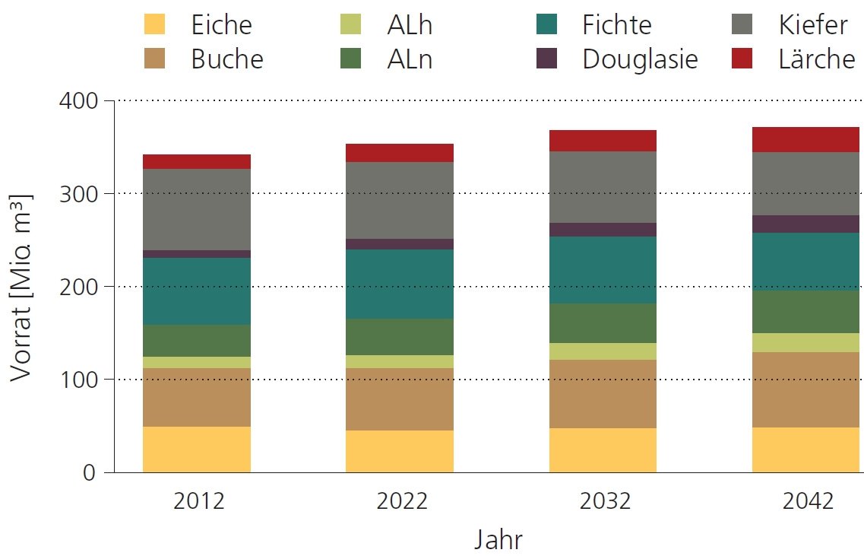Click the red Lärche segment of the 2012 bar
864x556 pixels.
(x=197, y=161)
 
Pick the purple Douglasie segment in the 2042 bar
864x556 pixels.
(x=806, y=224)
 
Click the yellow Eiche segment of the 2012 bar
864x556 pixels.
(x=197, y=449)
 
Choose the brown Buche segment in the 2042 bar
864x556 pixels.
(x=806, y=389)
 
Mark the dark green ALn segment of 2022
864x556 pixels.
(x=400, y=336)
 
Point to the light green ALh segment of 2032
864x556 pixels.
(x=603, y=351)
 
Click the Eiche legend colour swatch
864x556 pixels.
(x=154, y=24)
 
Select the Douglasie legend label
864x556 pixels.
(x=640, y=59)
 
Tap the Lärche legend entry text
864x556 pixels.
(x=816, y=59)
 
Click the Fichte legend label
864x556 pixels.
(x=617, y=24)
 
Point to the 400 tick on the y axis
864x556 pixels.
(x=80, y=100)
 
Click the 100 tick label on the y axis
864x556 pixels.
(x=80, y=379)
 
